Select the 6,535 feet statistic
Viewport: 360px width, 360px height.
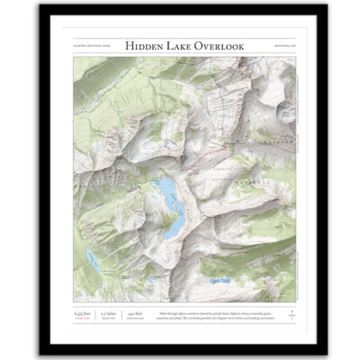point(81,312)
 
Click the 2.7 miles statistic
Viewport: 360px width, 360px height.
point(109,312)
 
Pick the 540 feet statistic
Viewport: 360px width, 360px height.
point(136,312)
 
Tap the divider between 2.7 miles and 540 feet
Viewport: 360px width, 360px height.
point(123,315)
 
